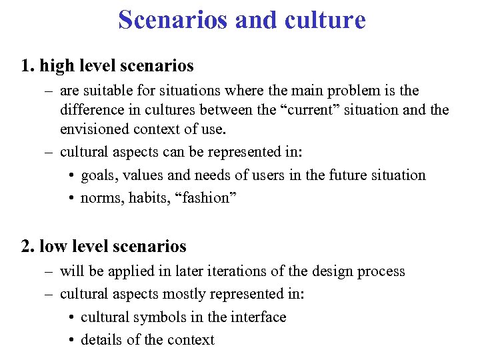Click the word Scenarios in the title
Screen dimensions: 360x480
pos(174,19)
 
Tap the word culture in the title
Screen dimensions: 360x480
pos(324,19)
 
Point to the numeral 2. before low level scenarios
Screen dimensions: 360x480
pos(28,246)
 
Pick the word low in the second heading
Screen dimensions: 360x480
pos(52,246)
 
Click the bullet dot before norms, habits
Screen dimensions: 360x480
pos(71,199)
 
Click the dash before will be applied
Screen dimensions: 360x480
pos(49,272)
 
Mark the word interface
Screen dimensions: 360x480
pos(258,317)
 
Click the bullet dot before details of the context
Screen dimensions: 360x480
pos(71,341)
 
